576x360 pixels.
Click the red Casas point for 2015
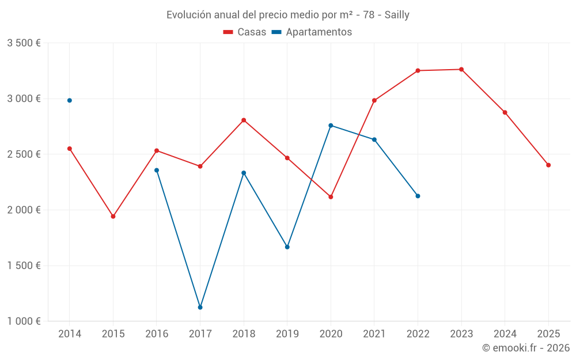[113, 217]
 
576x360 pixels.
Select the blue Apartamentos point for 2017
[200, 307]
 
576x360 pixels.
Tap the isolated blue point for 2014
[70, 100]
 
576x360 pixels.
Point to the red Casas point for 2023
[461, 70]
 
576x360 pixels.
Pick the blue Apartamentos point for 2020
[331, 126]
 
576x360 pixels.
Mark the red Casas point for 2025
[548, 165]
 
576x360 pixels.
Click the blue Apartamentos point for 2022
[418, 196]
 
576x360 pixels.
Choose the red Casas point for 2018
[244, 120]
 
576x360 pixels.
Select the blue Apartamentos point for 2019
[287, 247]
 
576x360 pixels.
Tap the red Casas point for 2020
[331, 197]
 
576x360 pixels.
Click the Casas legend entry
[245, 32]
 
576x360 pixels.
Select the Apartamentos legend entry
[312, 32]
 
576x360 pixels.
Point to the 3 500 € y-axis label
[24, 43]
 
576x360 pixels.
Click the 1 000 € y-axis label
[24, 321]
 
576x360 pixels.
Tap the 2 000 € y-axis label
[24, 210]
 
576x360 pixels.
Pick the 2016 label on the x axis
[157, 334]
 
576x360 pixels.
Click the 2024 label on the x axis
[505, 334]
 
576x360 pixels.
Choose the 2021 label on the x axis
[374, 334]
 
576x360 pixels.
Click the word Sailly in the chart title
[397, 15]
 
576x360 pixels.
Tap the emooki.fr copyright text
[526, 347]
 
